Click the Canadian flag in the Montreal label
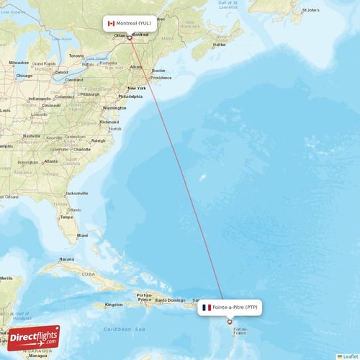tap(111, 24)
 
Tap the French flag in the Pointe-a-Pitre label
tap(207, 307)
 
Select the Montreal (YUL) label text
tap(134, 24)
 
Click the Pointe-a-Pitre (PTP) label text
tap(235, 307)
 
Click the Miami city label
tap(82, 235)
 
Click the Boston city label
tap(158, 71)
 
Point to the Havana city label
tap(67, 259)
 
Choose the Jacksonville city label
tap(76, 193)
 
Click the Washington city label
tap(114, 108)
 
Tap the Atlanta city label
tap(50, 161)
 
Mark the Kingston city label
tap(114, 305)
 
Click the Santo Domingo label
tap(172, 300)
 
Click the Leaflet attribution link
tap(349, 356)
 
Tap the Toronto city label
tap(76, 55)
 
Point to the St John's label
tap(310, 11)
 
